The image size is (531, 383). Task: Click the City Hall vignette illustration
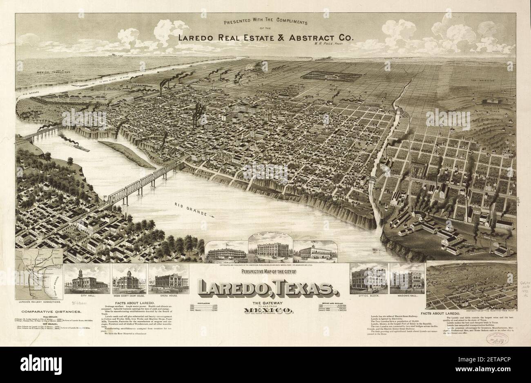87,281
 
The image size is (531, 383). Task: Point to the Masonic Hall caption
407,294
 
